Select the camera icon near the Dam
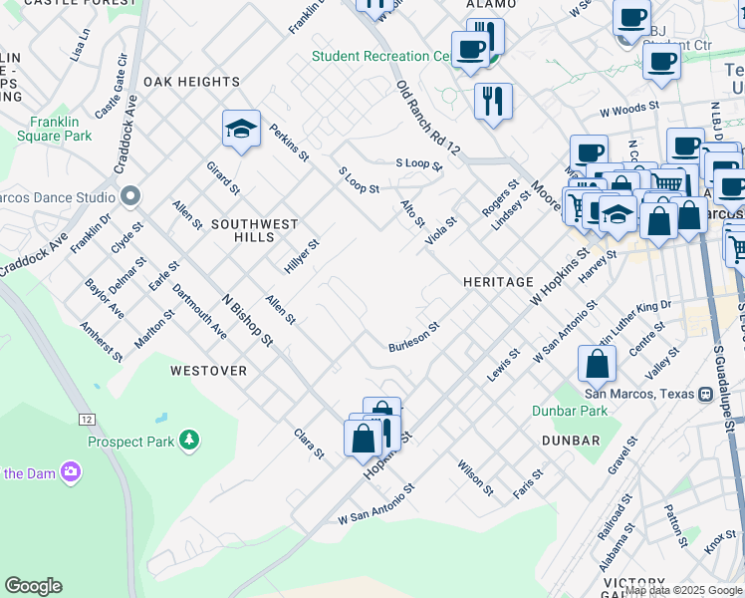coord(70,471)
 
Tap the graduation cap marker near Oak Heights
coord(241,130)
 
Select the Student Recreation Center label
coord(381,56)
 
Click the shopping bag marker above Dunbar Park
coord(596,364)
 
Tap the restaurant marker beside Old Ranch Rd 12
coord(493,102)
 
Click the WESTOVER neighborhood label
coord(208,370)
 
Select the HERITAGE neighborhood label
coord(498,282)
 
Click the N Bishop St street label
coord(247,319)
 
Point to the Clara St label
coord(309,444)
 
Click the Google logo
coord(33,586)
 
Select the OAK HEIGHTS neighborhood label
coord(191,81)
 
